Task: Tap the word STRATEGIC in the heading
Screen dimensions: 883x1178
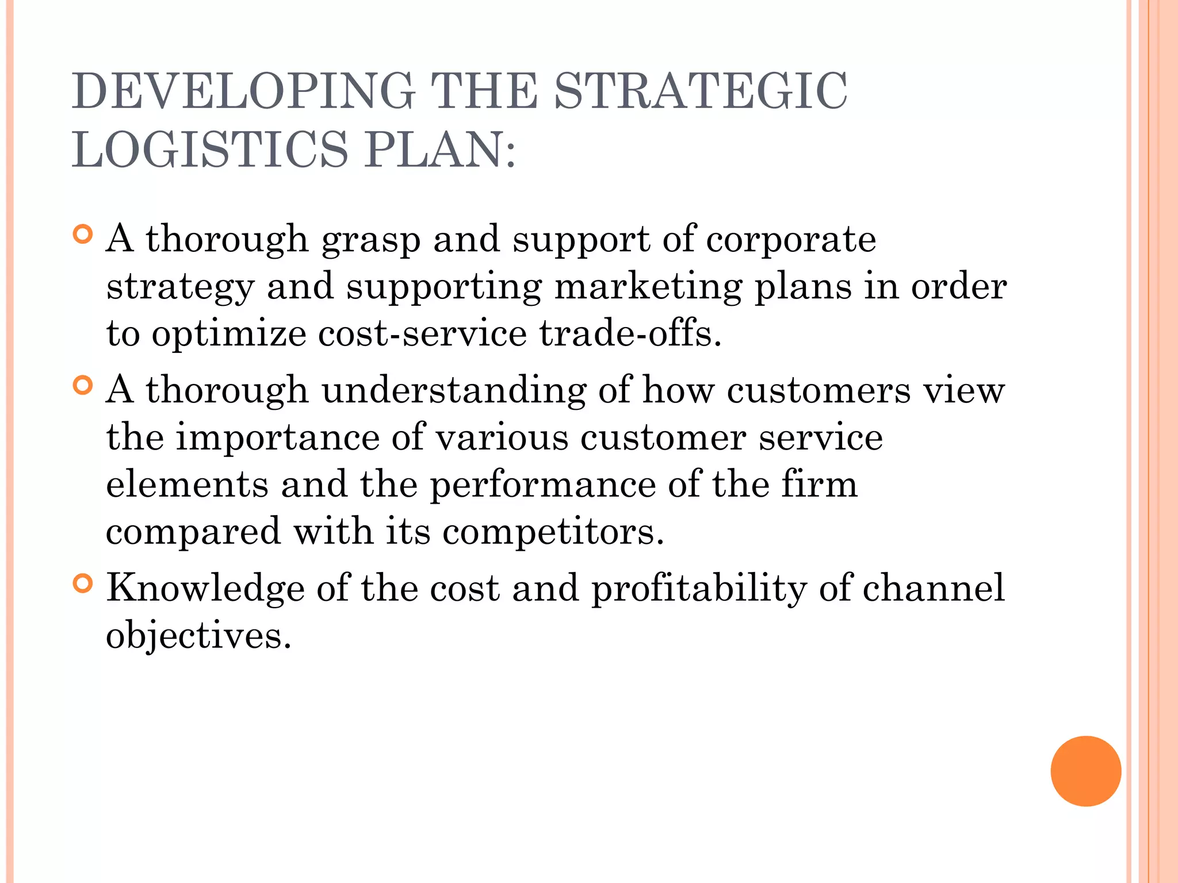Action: click(701, 91)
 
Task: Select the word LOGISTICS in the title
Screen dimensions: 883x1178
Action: click(210, 149)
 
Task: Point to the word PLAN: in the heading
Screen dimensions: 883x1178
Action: click(440, 149)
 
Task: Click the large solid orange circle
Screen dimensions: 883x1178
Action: click(1085, 771)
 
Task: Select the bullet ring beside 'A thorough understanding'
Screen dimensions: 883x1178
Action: click(83, 385)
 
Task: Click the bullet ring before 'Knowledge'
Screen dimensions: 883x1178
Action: click(83, 583)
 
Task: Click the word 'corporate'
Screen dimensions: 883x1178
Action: click(791, 239)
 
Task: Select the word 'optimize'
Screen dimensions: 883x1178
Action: click(229, 335)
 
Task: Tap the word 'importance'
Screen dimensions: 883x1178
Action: click(277, 439)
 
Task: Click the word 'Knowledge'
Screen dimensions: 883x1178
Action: click(205, 589)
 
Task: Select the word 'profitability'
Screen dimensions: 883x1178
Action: click(699, 589)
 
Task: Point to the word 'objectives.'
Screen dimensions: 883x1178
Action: click(199, 636)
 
